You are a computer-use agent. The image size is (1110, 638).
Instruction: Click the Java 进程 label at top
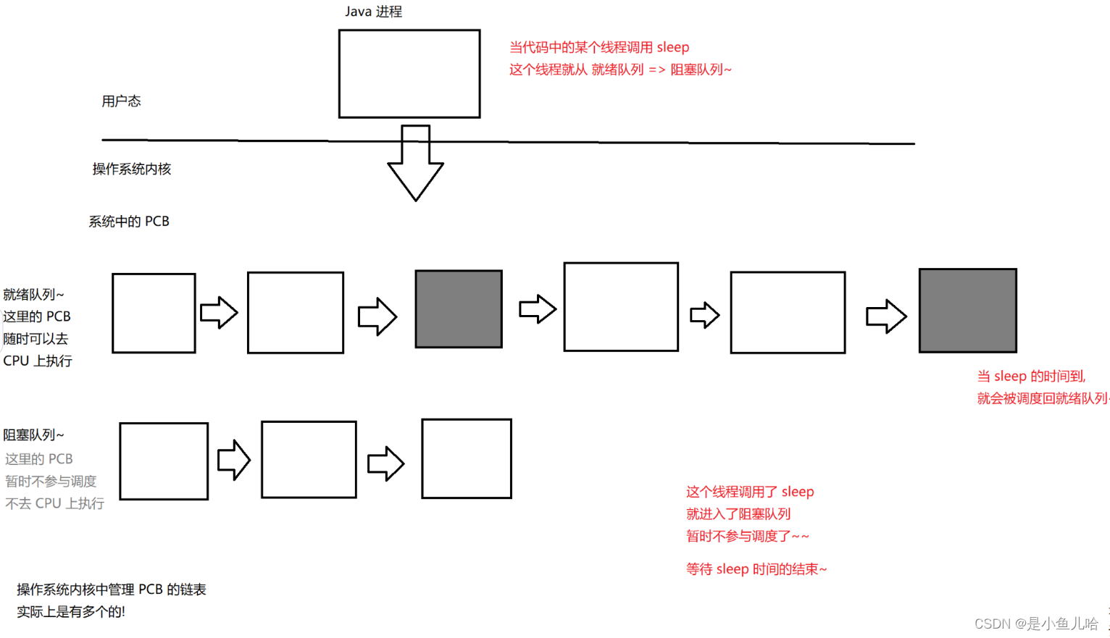click(x=373, y=12)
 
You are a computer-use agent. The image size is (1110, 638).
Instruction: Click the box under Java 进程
click(x=409, y=74)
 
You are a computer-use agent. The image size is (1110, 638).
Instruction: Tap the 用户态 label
click(x=121, y=101)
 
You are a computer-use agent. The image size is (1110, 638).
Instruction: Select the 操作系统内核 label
click(x=132, y=169)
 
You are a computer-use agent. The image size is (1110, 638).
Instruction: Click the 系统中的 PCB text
click(x=129, y=222)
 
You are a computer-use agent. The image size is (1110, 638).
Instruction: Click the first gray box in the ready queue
click(x=459, y=309)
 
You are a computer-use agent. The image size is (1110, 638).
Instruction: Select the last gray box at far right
click(x=967, y=311)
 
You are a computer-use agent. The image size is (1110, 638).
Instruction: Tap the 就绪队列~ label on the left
click(x=33, y=295)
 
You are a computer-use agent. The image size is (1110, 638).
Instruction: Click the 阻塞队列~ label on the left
click(x=33, y=435)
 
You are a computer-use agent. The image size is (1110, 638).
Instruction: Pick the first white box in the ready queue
click(x=154, y=313)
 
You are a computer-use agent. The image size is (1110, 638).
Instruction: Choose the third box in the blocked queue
click(x=467, y=458)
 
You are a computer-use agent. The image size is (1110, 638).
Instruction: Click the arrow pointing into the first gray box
click(x=377, y=316)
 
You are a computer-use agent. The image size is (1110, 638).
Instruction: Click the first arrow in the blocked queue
click(x=234, y=460)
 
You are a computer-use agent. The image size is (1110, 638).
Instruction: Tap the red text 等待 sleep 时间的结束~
click(x=756, y=569)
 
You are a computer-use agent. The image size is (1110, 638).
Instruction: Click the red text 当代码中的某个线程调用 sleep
click(x=599, y=48)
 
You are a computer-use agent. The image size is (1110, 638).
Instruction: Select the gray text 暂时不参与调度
click(x=51, y=482)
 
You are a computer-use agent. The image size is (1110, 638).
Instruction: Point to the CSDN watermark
click(x=1036, y=624)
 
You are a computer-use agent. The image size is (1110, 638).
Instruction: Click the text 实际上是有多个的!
click(x=71, y=612)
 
